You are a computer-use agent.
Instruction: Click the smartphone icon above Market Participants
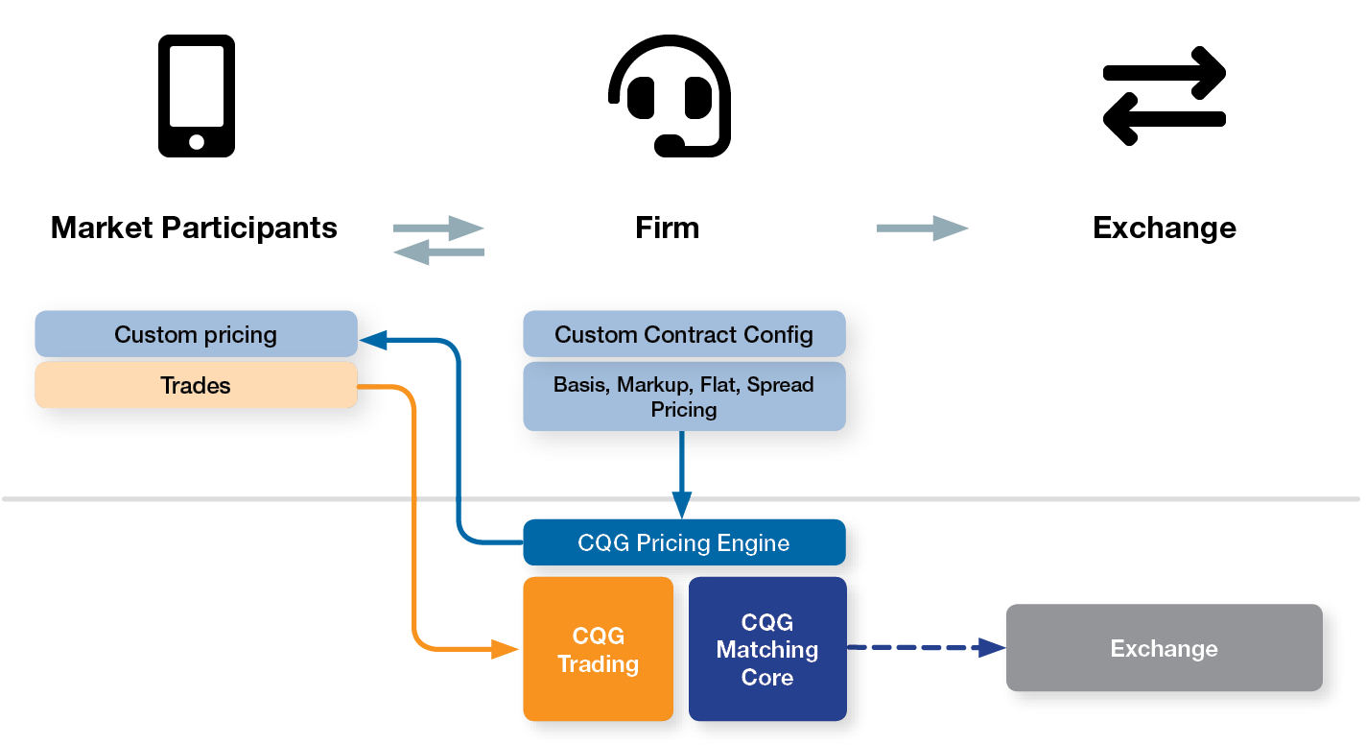pos(197,96)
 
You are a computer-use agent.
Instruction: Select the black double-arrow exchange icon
pos(1165,96)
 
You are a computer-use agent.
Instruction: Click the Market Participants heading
pos(194,228)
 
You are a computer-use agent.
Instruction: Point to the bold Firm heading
pos(667,228)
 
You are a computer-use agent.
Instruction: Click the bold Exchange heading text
pos(1164,228)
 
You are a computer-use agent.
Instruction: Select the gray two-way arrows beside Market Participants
pos(438,240)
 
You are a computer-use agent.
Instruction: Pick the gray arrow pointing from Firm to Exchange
pos(922,228)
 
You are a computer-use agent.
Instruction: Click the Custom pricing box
pos(196,334)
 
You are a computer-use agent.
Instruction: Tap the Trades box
pos(196,386)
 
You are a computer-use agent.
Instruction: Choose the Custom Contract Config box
pos(684,334)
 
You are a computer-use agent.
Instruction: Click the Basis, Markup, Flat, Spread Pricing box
pos(684,397)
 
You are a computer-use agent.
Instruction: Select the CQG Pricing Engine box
pos(684,543)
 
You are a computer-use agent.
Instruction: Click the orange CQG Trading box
pos(598,650)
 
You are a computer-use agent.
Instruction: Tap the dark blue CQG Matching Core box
pos(767,650)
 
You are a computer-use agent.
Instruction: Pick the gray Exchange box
pos(1164,648)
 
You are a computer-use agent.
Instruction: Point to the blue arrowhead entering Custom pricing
pos(373,339)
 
